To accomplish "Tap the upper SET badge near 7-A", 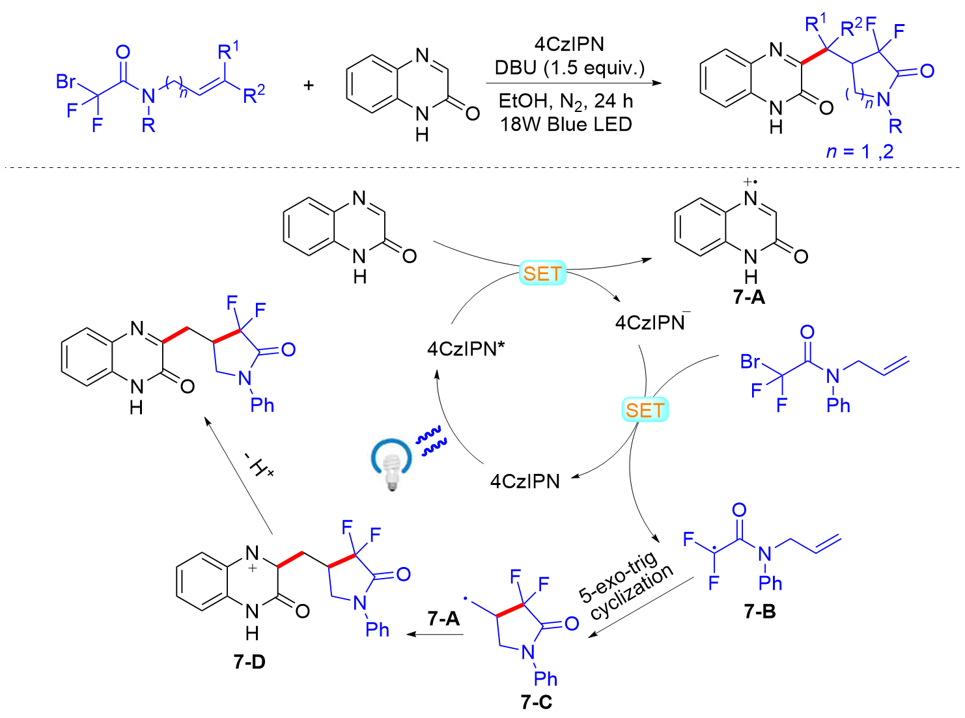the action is pyautogui.click(x=542, y=273).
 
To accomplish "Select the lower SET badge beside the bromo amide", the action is pyautogui.click(x=645, y=409).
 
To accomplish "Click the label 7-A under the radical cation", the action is pyautogui.click(x=749, y=297).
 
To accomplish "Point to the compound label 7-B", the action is pyautogui.click(x=760, y=611).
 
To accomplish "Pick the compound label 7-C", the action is pyautogui.click(x=537, y=702).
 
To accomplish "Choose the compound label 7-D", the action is pyautogui.click(x=249, y=662).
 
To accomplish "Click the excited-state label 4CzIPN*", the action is pyautogui.click(x=466, y=348).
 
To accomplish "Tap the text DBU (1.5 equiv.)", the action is pyautogui.click(x=570, y=68).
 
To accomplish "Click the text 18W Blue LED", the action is pyautogui.click(x=566, y=124).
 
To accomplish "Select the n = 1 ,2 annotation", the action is pyautogui.click(x=860, y=152).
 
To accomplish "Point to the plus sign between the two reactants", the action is pyautogui.click(x=309, y=85).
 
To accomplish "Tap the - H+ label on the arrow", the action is pyautogui.click(x=259, y=464).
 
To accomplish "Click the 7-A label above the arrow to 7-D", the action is pyautogui.click(x=443, y=618).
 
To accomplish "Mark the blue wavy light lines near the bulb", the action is pyautogui.click(x=431, y=441).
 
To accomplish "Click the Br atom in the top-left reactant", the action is pyautogui.click(x=66, y=81).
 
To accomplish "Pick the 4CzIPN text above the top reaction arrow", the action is pyautogui.click(x=569, y=44).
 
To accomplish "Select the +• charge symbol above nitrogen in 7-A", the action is pyautogui.click(x=750, y=181).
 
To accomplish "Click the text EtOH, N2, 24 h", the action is pyautogui.click(x=566, y=102).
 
